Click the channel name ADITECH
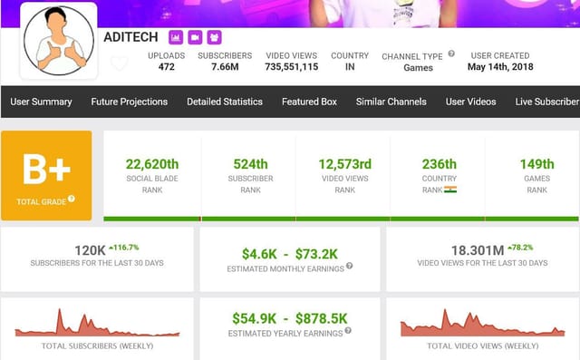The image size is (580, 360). [131, 37]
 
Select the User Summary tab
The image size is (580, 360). [41, 102]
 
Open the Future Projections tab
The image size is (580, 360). [129, 102]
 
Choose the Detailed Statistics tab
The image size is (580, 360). [225, 102]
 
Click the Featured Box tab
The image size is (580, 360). [309, 102]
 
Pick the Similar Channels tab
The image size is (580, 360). [391, 102]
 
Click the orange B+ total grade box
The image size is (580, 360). [46, 175]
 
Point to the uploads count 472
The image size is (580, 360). [166, 67]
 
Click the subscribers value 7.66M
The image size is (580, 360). [225, 67]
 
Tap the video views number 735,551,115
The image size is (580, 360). [292, 67]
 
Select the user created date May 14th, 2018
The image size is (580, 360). [500, 67]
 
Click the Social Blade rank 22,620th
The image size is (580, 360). [151, 164]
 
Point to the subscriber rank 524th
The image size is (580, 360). [249, 164]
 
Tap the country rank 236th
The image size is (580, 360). [439, 164]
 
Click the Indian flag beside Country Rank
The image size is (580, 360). [450, 190]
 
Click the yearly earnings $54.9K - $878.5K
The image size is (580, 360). [290, 318]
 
